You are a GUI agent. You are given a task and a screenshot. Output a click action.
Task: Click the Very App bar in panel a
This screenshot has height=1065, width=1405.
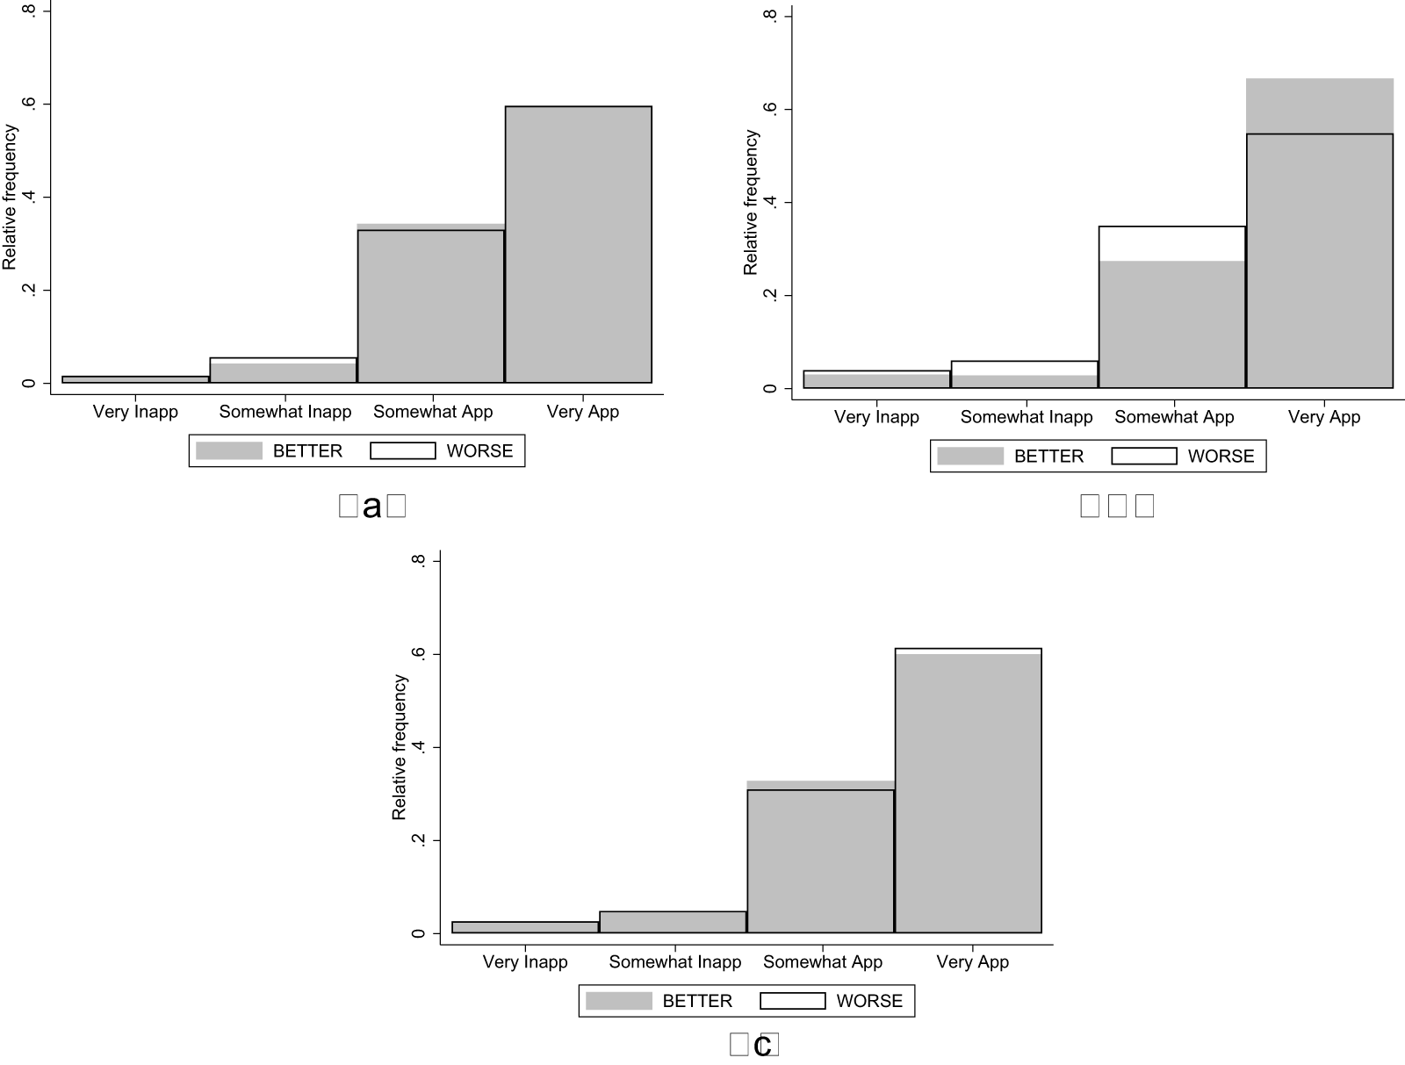coord(578,246)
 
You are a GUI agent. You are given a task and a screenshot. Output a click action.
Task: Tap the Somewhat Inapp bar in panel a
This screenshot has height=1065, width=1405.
coord(283,371)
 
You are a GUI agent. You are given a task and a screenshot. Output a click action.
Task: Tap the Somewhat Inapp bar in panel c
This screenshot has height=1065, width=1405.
coord(673,922)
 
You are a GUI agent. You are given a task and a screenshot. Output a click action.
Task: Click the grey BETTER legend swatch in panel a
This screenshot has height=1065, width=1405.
coord(228,450)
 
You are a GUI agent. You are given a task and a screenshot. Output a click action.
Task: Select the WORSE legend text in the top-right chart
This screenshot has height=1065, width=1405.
coord(1221,457)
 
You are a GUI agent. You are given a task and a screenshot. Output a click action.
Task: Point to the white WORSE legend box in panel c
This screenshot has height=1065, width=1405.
coord(792,1001)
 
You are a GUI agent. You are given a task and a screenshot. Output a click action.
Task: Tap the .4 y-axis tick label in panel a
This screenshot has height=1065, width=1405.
coord(30,198)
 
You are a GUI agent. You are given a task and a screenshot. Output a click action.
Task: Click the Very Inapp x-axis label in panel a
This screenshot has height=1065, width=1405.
coord(135,412)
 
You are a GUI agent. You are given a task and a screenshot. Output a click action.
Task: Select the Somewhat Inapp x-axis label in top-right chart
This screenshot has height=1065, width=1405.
coord(1026,417)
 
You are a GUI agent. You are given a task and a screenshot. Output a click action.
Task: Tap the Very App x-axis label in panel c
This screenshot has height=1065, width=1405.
coord(972,961)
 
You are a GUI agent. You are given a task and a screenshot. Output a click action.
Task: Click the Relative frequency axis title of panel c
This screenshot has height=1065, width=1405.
coord(400,747)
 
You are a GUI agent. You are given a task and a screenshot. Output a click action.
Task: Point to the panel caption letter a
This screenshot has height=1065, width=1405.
coord(371,507)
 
